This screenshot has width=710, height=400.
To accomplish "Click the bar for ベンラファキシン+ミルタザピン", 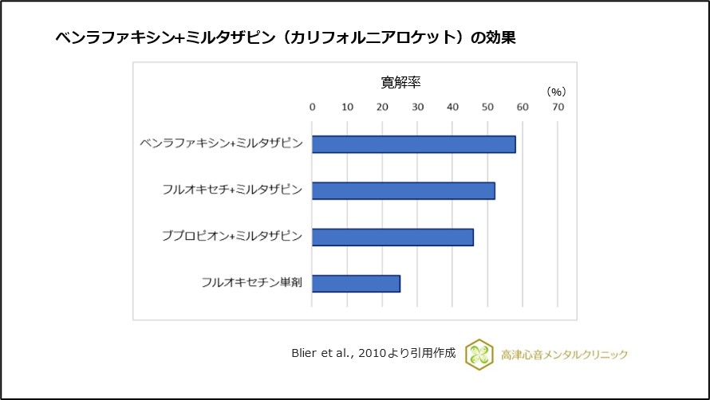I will [x=413, y=144].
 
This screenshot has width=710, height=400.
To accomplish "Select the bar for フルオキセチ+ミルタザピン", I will [x=403, y=190].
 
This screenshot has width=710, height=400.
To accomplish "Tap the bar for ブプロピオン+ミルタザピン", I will [x=392, y=237].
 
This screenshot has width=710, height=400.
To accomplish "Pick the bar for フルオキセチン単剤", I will [x=356, y=283].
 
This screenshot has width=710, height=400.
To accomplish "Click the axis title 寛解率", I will [x=401, y=83].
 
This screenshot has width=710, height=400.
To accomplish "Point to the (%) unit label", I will [x=556, y=92].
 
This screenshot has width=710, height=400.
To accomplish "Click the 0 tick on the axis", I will [x=312, y=107].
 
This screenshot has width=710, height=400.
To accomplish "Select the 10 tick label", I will [x=347, y=107].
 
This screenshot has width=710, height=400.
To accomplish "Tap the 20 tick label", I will [x=382, y=107].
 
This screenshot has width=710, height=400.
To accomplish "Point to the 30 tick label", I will [x=417, y=107].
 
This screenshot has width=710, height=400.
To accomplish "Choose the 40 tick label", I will [x=452, y=107].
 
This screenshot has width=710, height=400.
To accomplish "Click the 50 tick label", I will [x=487, y=107].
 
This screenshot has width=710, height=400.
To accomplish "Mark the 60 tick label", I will [x=523, y=107].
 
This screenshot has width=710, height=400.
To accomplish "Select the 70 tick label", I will [x=558, y=107].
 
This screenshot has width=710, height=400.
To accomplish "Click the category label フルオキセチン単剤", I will [x=251, y=283].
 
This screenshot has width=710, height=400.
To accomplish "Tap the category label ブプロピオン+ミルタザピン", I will [x=231, y=237].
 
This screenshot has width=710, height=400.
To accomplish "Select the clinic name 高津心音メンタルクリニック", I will [x=562, y=355].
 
